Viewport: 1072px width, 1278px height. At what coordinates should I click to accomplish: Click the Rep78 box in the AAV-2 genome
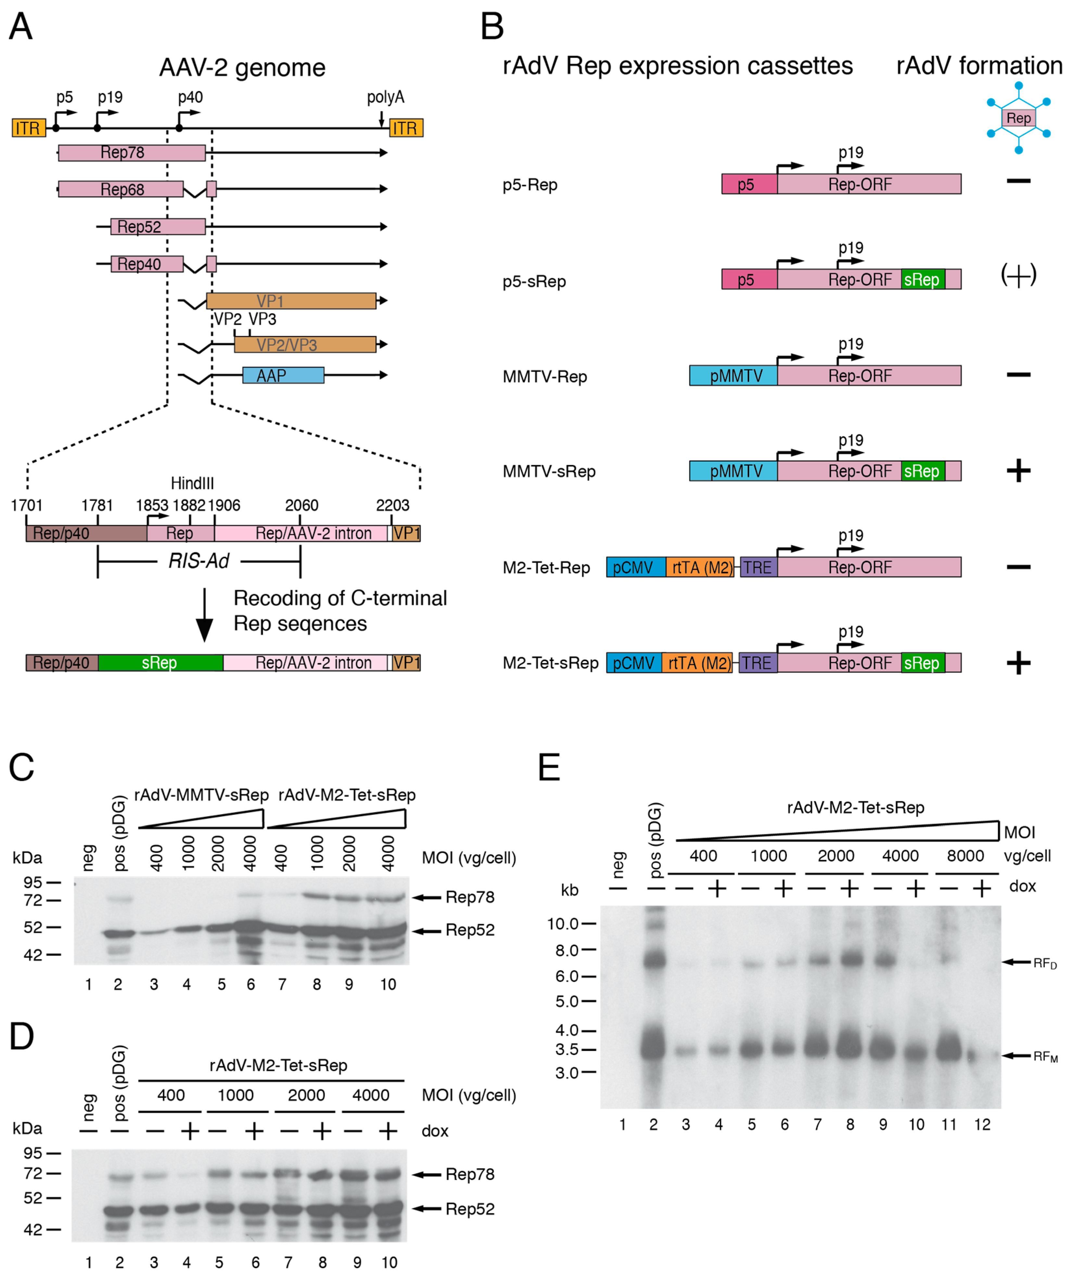[132, 153]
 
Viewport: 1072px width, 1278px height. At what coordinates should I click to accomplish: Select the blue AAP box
[283, 375]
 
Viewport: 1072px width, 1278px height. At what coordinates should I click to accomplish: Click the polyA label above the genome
[385, 97]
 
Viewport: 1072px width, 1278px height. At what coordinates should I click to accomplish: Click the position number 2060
[301, 505]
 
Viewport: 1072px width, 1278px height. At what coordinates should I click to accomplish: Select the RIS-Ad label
[198, 560]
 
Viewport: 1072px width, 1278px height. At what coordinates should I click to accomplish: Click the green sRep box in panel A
[160, 663]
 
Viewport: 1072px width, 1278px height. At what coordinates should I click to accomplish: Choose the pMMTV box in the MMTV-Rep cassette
[733, 375]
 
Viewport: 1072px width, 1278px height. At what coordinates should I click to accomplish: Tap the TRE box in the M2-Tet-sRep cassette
[757, 663]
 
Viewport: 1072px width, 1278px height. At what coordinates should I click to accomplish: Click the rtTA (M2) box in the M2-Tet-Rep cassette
[699, 567]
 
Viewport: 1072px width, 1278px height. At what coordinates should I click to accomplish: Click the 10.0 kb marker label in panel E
[563, 924]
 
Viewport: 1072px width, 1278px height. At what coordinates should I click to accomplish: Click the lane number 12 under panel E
[982, 1125]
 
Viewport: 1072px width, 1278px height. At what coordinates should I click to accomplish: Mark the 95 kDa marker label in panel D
[33, 1153]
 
